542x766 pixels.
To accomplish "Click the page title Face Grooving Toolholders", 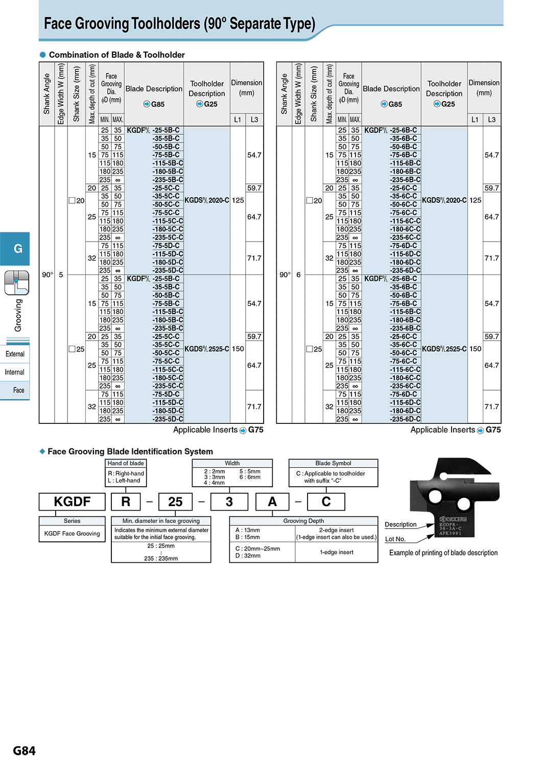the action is click(179, 23).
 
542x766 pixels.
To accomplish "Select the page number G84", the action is click(24, 751).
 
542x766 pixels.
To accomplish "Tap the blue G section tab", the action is click(15, 249).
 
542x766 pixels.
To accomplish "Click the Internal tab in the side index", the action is click(15, 372).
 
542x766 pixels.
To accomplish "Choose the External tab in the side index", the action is click(15, 354).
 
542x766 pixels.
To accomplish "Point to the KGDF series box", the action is click(72, 501).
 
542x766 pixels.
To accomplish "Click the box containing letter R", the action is click(126, 501).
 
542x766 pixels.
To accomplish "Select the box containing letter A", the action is click(272, 501).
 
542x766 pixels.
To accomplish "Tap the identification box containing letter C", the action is click(326, 501).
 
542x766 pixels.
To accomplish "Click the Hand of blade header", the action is click(126, 463).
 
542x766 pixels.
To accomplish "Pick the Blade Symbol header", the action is click(333, 463).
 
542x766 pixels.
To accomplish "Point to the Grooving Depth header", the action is click(303, 521).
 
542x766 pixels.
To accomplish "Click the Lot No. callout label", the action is click(395, 539).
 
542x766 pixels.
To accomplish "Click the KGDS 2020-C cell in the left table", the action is click(207, 200).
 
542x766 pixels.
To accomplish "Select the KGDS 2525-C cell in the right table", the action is click(444, 349).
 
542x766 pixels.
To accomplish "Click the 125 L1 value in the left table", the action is click(238, 200).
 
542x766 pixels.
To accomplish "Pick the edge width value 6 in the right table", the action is click(298, 275).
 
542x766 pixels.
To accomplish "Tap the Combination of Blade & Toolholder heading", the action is click(116, 55).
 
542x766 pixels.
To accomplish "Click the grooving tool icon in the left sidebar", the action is click(16, 283).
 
